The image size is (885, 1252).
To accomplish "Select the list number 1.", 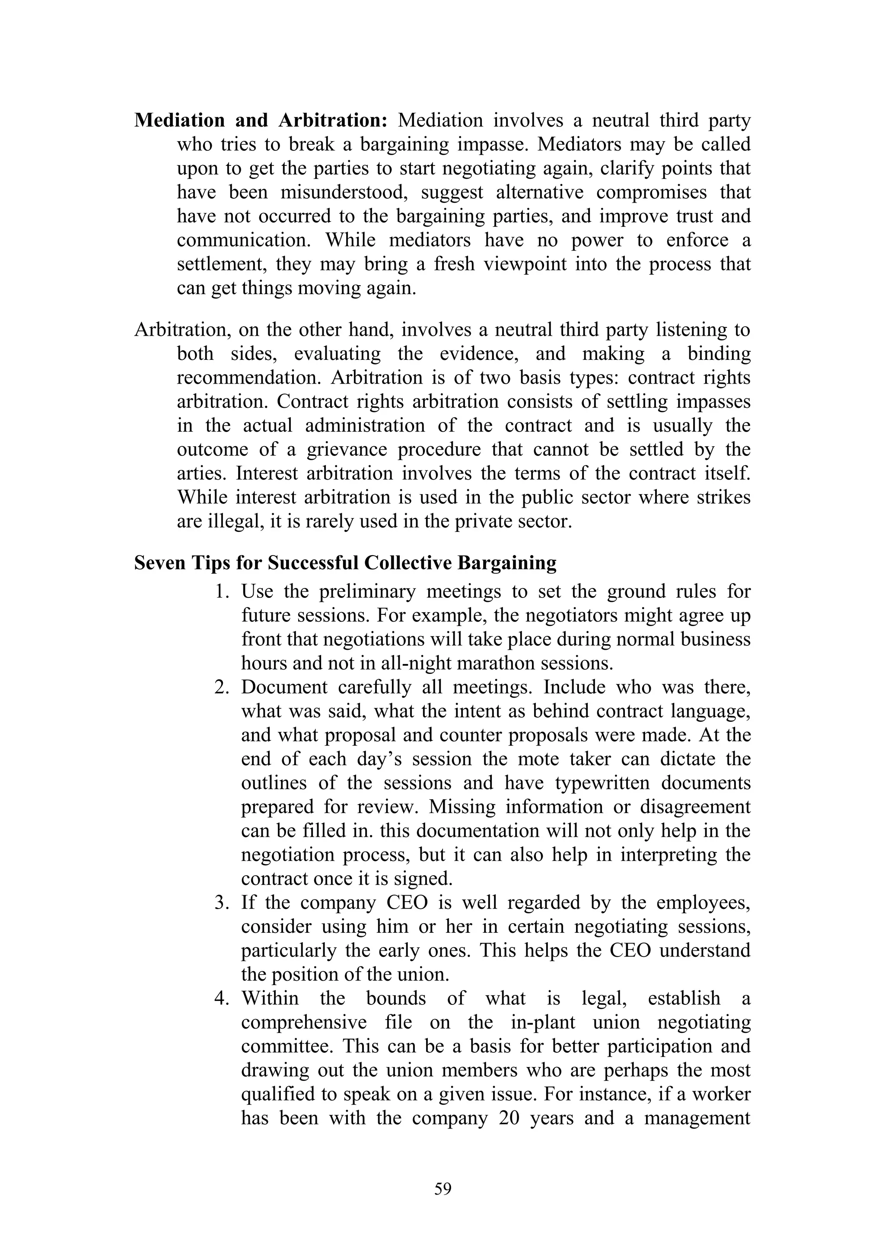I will click(221, 591).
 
